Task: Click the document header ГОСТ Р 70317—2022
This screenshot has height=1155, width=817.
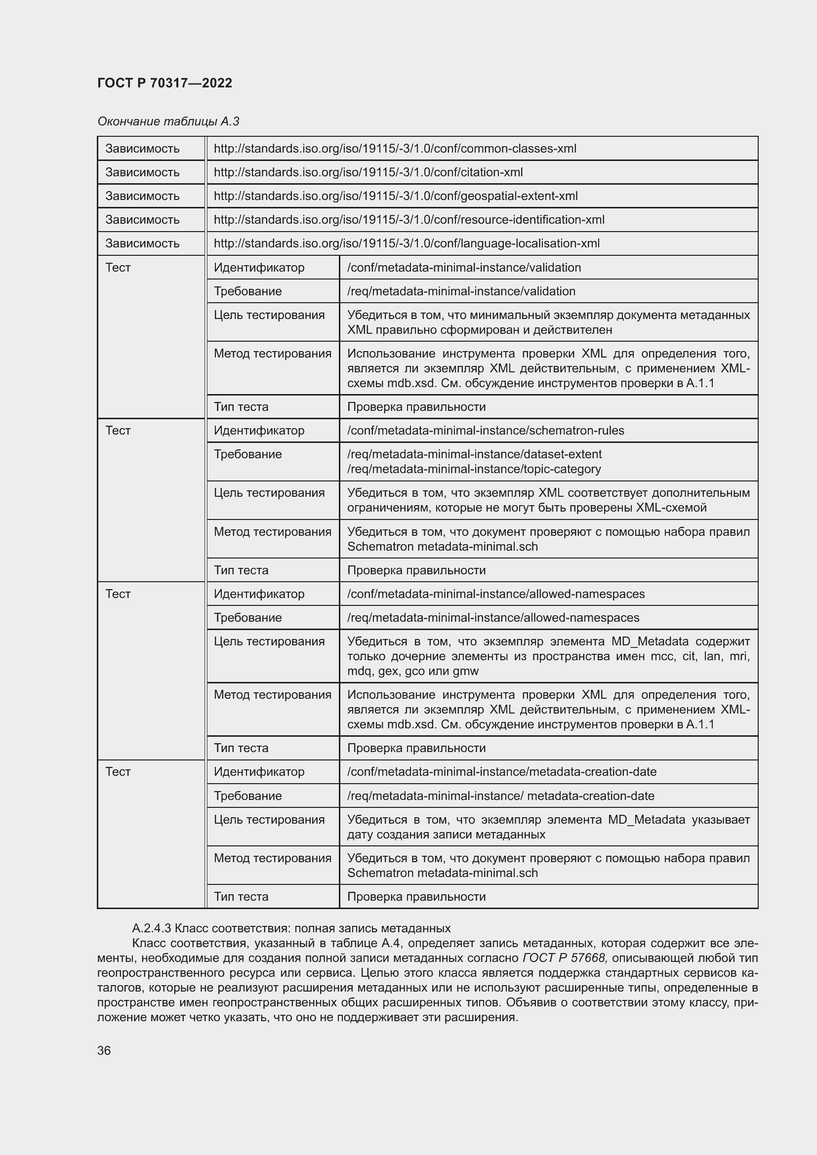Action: pos(164,83)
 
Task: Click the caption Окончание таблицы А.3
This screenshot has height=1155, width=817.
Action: pos(168,121)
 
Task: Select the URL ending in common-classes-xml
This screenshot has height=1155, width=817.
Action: pos(395,149)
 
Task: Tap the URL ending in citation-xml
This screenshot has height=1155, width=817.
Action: pos(368,172)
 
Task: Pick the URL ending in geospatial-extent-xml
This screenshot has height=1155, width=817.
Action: pos(396,196)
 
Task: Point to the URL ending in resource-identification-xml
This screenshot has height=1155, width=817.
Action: pos(409,219)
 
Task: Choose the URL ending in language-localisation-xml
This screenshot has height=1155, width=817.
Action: pos(407,243)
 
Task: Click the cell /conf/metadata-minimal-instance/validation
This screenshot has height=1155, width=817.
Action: pos(464,267)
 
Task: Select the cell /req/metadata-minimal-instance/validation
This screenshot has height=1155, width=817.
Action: pos(461,291)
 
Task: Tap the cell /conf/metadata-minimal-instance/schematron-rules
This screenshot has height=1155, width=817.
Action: pos(486,431)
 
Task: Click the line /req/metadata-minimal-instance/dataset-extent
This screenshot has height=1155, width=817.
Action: pos(474,454)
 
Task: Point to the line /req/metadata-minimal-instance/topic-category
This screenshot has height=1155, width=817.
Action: pos(474,469)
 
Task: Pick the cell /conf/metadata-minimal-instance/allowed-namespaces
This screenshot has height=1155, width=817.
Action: pos(496,594)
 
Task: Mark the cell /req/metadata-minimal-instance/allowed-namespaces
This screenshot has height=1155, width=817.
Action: pos(493,617)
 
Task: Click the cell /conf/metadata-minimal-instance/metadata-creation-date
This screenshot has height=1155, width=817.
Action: pos(501,772)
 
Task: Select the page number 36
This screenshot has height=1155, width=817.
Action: pos(104,1051)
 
